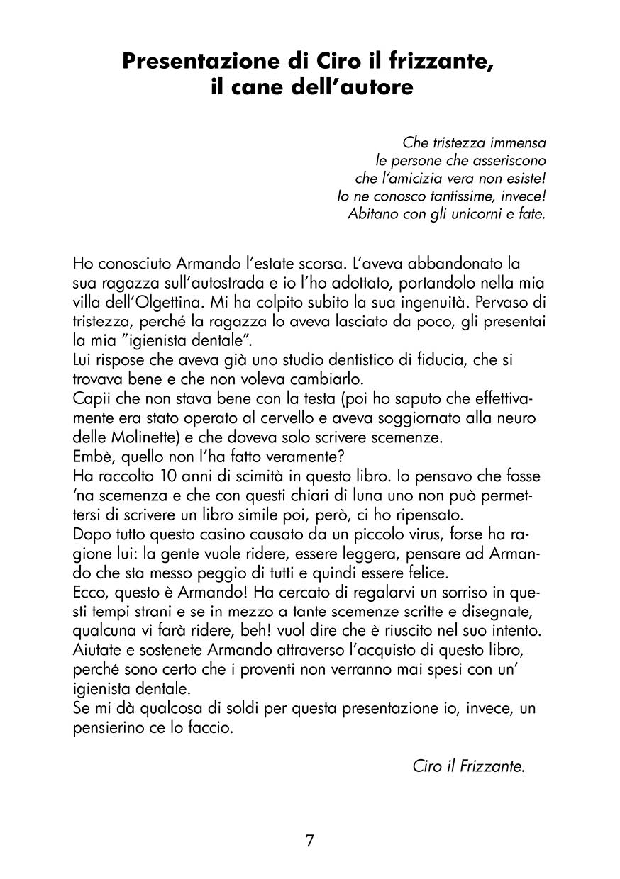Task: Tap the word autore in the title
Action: [x=373, y=89]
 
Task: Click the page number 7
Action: [x=310, y=841]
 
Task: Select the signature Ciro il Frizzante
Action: [x=468, y=766]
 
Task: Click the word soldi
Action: [x=229, y=710]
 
